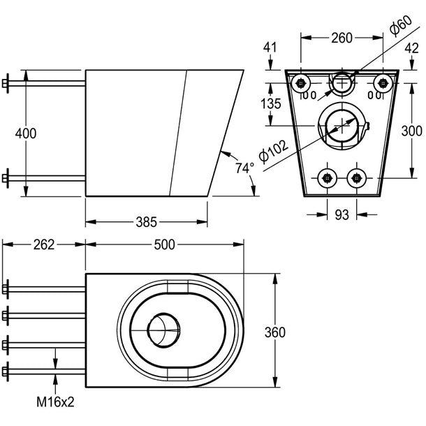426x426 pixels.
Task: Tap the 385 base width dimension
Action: coord(146,223)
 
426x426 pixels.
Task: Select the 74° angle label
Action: coord(245,168)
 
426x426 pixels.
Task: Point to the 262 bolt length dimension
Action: coord(43,244)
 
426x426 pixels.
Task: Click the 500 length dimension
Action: coord(165,244)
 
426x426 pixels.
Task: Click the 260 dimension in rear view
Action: coord(341,38)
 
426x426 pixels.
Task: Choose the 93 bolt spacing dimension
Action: coord(341,215)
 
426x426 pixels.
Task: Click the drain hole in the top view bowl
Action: coord(164,326)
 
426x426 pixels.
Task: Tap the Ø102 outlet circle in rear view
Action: coord(341,125)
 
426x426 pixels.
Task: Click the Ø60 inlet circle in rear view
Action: coord(341,82)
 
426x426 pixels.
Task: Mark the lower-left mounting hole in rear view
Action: coord(325,177)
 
